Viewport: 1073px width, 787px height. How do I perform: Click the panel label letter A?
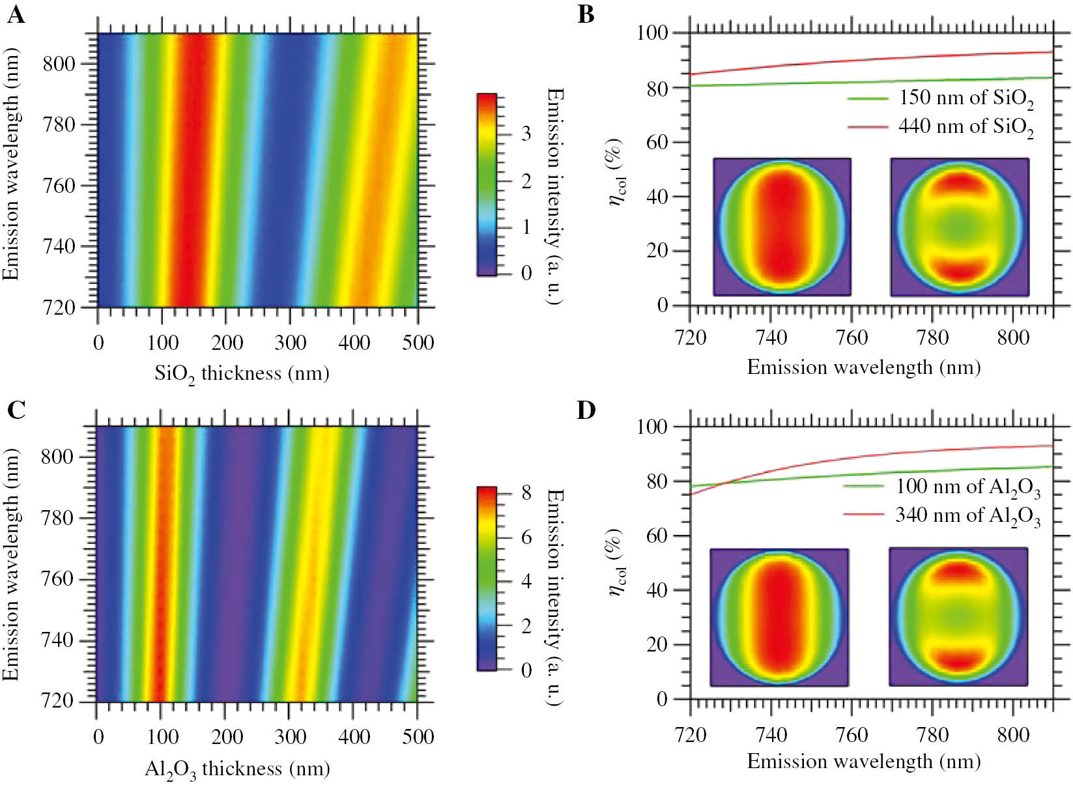[16, 14]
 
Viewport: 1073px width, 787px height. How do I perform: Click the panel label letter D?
[586, 410]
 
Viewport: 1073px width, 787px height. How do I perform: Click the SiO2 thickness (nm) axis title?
[242, 374]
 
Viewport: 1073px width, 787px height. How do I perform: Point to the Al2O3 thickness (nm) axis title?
[237, 769]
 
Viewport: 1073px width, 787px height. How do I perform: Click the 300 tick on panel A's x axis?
[290, 343]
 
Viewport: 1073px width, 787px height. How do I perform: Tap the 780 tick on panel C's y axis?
[57, 518]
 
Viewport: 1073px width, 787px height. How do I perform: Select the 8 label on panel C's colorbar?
[526, 493]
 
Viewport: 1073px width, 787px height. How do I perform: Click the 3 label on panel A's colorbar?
[526, 134]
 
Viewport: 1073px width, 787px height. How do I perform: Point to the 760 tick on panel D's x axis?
[851, 735]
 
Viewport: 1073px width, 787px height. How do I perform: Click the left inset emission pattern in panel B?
[782, 227]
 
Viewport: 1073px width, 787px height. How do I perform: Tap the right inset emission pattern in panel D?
[958, 616]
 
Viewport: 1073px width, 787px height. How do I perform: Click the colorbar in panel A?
[487, 184]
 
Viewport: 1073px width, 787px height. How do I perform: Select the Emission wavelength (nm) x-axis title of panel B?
[863, 367]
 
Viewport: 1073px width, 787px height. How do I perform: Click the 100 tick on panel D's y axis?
[652, 427]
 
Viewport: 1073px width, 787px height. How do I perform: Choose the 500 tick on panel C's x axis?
[418, 737]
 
